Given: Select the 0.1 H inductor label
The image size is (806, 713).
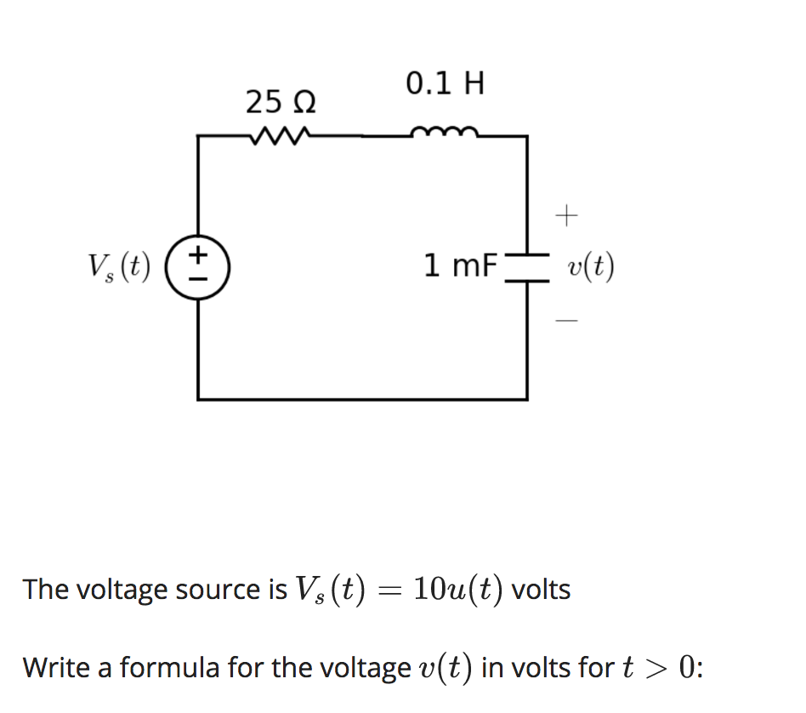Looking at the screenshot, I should [x=445, y=84].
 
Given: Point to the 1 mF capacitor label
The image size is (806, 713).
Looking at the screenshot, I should [x=460, y=266].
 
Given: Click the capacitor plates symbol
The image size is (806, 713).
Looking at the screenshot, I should [x=527, y=266].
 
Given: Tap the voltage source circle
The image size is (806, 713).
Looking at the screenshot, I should [x=198, y=266].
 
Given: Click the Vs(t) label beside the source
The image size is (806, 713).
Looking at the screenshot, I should [x=119, y=266].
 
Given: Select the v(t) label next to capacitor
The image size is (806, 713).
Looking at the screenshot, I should [x=591, y=267].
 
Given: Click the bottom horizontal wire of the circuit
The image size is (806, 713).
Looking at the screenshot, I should [x=361, y=398].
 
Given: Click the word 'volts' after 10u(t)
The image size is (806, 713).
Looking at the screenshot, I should [x=541, y=589].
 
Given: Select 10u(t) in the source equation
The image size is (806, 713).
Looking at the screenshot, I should [x=458, y=589].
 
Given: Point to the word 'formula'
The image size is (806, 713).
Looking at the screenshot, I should [x=163, y=668].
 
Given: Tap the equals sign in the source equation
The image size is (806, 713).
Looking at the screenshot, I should [x=389, y=590].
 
